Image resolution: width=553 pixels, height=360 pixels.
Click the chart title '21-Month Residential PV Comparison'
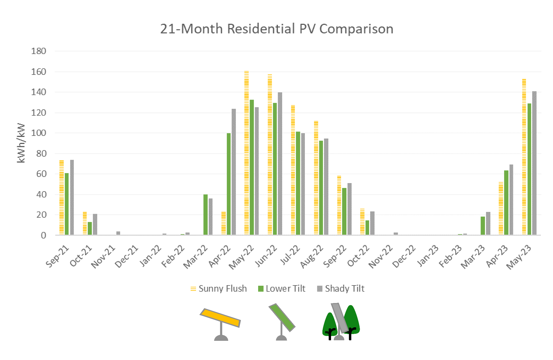(276, 29)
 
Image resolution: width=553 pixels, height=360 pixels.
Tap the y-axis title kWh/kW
(21, 143)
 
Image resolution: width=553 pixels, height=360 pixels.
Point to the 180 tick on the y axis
(39, 51)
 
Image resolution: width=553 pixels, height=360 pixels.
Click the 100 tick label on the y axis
(39, 133)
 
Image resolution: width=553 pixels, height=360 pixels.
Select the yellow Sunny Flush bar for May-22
(247, 153)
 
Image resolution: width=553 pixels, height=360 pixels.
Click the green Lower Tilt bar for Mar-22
(205, 214)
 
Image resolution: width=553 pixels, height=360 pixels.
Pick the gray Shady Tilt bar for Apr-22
(234, 172)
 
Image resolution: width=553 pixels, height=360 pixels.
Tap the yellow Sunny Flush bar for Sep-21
(62, 197)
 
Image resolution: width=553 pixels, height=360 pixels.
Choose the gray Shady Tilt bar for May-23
(534, 163)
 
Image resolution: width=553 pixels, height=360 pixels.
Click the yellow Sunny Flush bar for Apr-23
(501, 208)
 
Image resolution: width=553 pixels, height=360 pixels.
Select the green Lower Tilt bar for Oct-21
(90, 228)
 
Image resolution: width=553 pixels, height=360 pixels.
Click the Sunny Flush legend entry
(219, 289)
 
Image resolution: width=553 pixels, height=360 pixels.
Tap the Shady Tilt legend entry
(341, 289)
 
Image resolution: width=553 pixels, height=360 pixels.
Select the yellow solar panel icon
(220, 318)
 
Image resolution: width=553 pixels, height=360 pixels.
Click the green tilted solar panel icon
(282, 317)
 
